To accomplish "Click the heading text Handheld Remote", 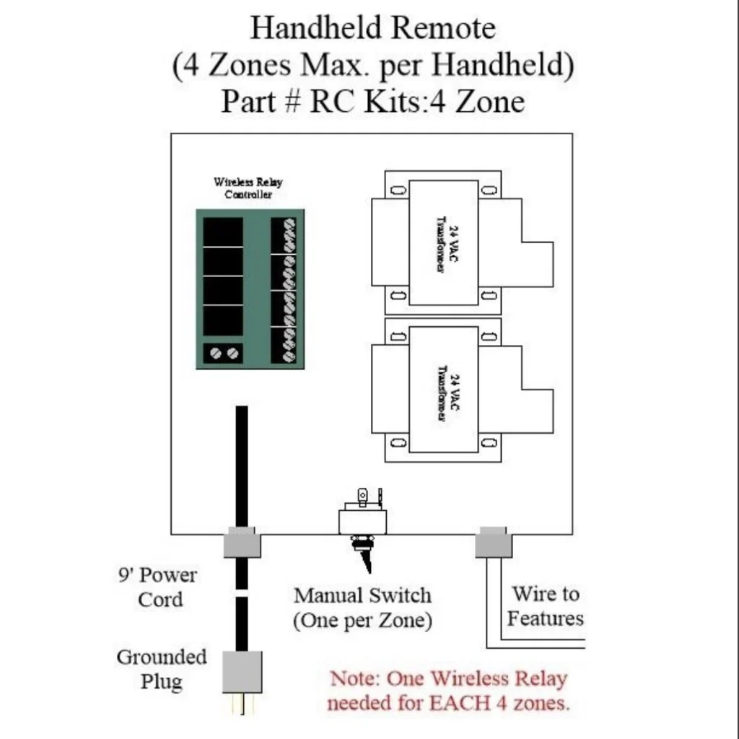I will [372, 28].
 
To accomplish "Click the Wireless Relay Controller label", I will [248, 188].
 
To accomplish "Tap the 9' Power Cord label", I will [157, 587].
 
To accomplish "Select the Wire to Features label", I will [545, 606].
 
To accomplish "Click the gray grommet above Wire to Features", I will [493, 543].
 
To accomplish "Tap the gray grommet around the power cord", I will [242, 543].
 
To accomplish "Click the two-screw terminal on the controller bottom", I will [222, 354].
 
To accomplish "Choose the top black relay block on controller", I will [222, 232].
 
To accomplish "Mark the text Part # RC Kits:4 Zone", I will [372, 101].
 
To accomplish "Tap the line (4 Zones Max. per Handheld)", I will [372, 65].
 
